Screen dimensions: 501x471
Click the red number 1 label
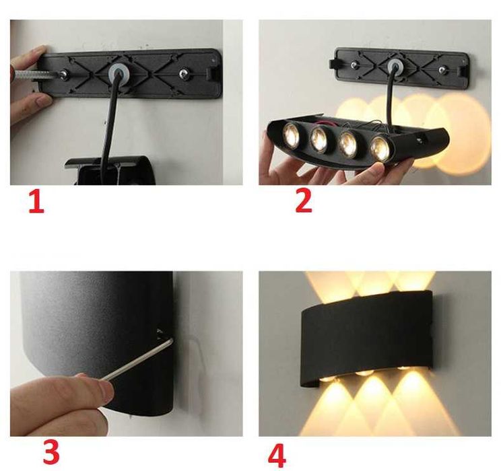point(36,201)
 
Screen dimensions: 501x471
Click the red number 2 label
point(304,201)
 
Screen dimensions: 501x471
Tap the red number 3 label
point(51,452)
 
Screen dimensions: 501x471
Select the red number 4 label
point(277,456)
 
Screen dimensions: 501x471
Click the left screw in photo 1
point(64,75)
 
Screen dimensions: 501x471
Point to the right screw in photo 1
point(183,73)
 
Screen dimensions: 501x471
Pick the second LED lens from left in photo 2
point(320,139)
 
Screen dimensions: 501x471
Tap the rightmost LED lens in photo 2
point(380,149)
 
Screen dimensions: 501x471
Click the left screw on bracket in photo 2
point(354,65)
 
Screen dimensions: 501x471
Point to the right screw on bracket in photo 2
point(442,69)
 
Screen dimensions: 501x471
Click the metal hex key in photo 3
point(137,359)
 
